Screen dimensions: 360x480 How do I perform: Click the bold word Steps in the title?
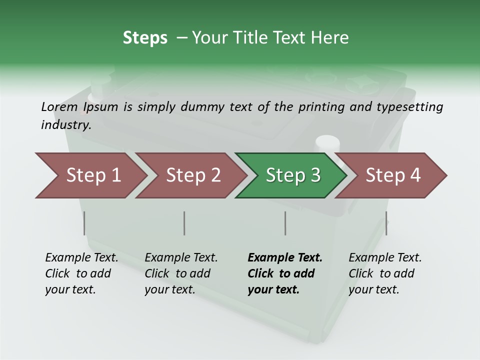coord(145,37)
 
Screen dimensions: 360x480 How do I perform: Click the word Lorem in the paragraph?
coord(59,106)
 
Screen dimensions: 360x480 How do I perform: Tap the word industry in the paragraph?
coord(66,124)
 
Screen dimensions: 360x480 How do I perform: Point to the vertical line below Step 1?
coord(84,223)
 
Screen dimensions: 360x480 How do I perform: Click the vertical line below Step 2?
coord(184,223)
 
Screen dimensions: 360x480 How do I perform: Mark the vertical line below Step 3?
coord(285,223)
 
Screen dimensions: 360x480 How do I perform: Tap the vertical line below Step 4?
coord(386,223)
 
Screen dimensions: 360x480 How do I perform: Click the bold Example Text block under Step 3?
coord(284,273)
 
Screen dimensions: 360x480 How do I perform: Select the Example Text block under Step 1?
coord(81,273)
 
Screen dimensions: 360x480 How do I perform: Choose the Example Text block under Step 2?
coord(181,273)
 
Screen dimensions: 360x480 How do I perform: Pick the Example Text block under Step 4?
coord(385,273)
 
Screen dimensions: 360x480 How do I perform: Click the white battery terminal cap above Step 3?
coord(326,143)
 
